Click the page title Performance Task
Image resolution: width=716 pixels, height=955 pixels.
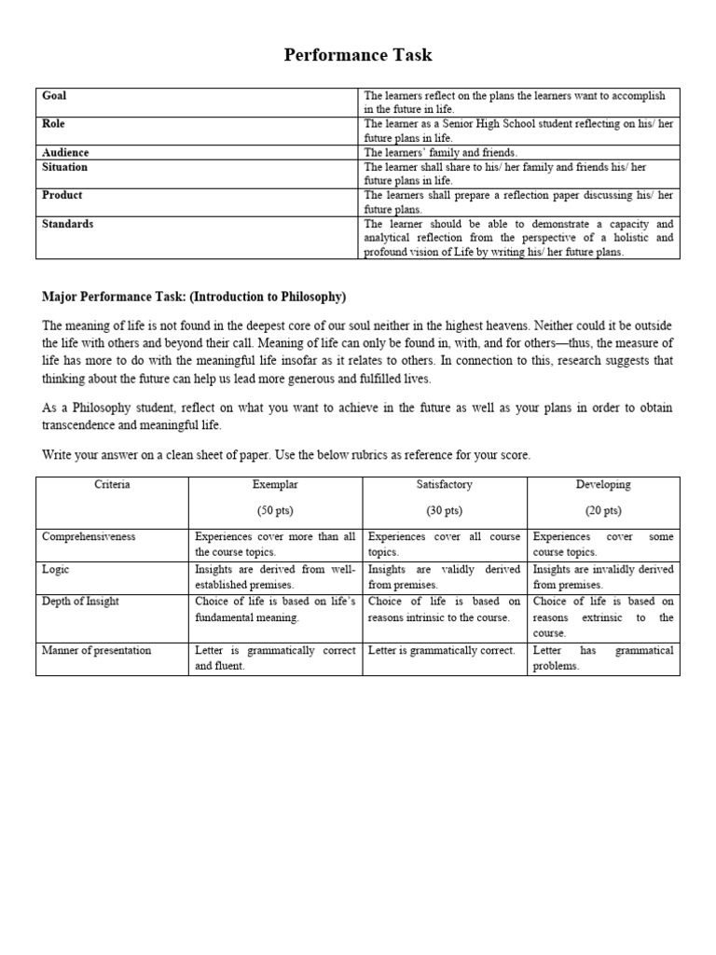pyautogui.click(x=358, y=55)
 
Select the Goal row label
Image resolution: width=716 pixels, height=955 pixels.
pyautogui.click(x=54, y=96)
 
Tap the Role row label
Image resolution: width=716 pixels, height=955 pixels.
pyautogui.click(x=53, y=124)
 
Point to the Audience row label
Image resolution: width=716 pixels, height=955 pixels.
pyautogui.click(x=65, y=152)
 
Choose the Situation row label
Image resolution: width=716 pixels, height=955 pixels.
pyautogui.click(x=64, y=167)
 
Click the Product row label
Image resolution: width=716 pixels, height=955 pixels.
pyautogui.click(x=62, y=195)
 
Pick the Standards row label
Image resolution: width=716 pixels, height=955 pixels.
pyautogui.click(x=67, y=224)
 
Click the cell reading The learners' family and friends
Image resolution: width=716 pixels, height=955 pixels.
pyautogui.click(x=440, y=152)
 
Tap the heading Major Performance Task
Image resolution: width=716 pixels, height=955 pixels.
pyautogui.click(x=194, y=297)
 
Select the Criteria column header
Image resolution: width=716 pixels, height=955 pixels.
pyautogui.click(x=112, y=485)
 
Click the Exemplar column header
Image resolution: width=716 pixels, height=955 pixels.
pyautogui.click(x=274, y=485)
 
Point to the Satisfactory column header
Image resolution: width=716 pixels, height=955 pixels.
pyautogui.click(x=444, y=485)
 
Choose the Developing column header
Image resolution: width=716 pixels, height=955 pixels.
pyautogui.click(x=603, y=485)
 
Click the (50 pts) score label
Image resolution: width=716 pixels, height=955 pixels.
pyautogui.click(x=274, y=511)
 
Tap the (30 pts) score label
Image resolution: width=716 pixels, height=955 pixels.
pyautogui.click(x=444, y=511)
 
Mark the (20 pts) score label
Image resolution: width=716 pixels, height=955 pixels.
pyautogui.click(x=603, y=511)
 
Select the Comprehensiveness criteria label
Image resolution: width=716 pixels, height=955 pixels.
pyautogui.click(x=89, y=537)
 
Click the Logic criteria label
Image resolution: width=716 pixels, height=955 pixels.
pyautogui.click(x=55, y=569)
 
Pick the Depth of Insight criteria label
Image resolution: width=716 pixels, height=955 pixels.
pyautogui.click(x=80, y=602)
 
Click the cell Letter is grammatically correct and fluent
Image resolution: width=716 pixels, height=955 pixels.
pyautogui.click(x=274, y=658)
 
